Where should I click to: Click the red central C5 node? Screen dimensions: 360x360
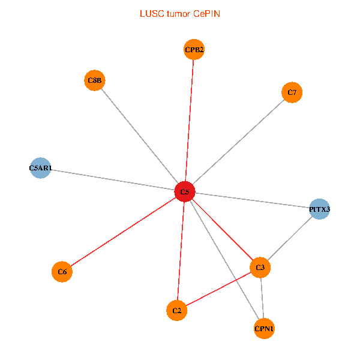(x=185, y=192)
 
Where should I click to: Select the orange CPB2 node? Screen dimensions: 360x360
(x=194, y=49)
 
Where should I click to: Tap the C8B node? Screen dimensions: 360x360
(x=95, y=80)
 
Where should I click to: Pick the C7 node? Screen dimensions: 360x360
(x=292, y=92)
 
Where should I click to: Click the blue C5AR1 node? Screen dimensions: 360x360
(x=40, y=169)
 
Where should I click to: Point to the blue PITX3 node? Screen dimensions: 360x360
(x=320, y=209)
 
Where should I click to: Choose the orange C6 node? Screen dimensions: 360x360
(x=62, y=272)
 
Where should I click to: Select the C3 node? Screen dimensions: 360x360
(x=260, y=267)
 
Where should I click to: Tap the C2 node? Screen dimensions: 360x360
(x=176, y=311)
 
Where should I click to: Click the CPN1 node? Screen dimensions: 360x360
(x=264, y=329)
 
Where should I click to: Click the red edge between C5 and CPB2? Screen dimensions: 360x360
(x=190, y=120)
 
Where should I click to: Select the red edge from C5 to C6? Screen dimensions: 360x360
(x=123, y=232)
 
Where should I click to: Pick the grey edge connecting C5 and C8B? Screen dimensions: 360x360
(x=140, y=136)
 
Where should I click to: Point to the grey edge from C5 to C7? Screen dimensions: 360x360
(x=238, y=142)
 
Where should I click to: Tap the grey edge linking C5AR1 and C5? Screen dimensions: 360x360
(x=112, y=180)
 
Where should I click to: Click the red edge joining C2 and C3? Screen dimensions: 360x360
(x=218, y=289)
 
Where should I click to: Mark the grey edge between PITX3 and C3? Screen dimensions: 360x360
(x=290, y=238)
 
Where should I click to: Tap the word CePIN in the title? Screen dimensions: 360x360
(x=206, y=13)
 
